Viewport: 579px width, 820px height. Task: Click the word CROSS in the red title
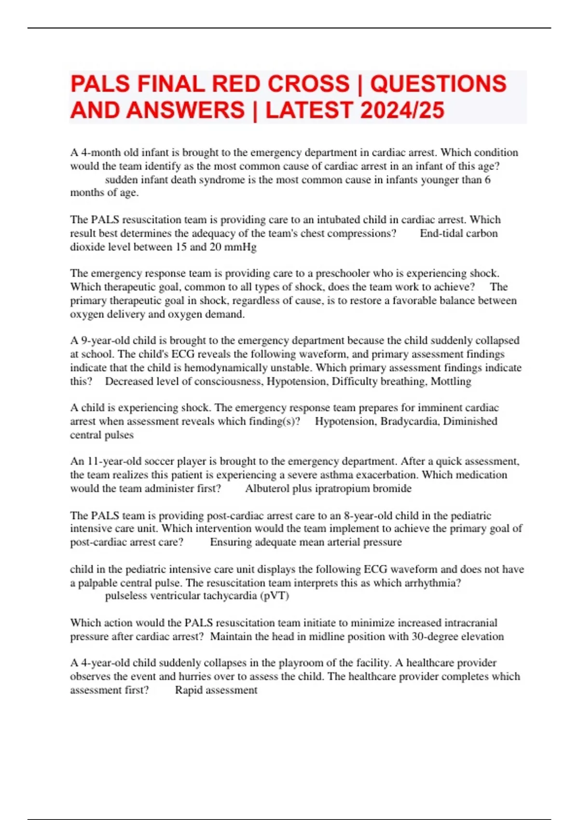(x=308, y=84)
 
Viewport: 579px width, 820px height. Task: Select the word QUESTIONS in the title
(x=438, y=84)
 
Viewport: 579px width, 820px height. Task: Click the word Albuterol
(x=268, y=489)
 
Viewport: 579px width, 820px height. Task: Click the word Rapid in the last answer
(x=189, y=690)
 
